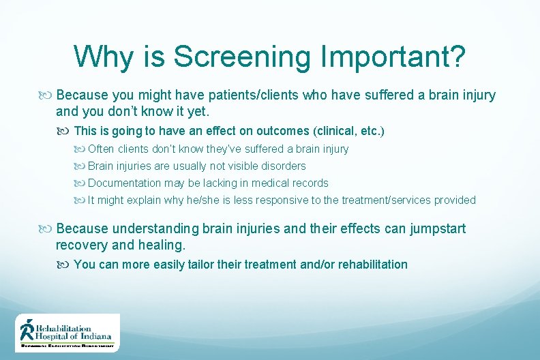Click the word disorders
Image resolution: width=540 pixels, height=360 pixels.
286,166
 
